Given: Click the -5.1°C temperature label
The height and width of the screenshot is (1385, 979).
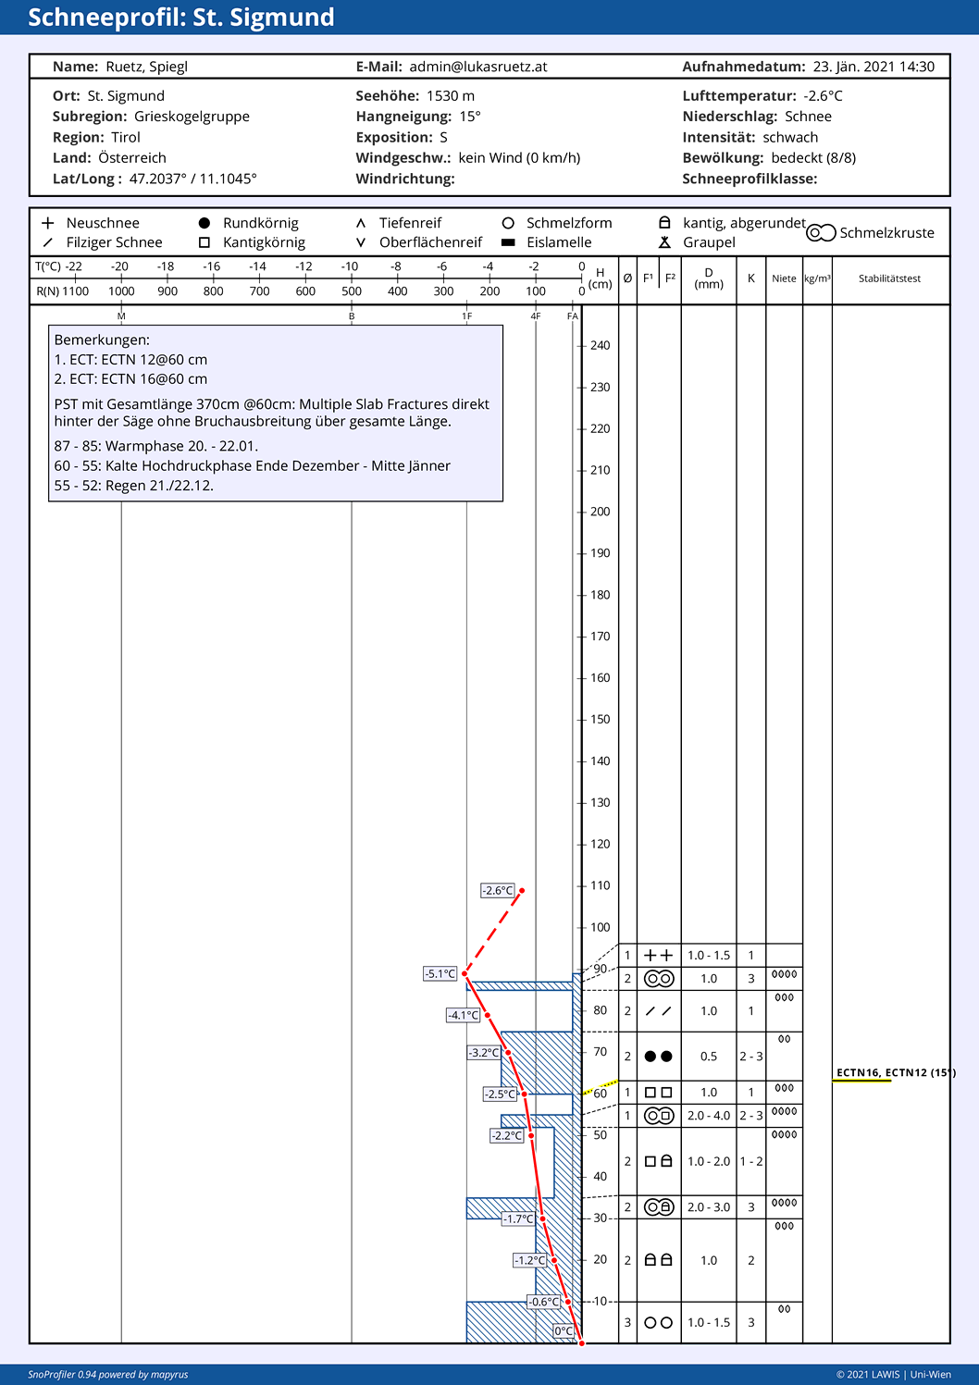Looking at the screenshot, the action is (x=440, y=974).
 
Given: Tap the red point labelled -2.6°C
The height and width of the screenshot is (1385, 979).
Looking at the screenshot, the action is (x=522, y=890).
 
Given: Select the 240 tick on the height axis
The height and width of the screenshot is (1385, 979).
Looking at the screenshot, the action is (x=600, y=346).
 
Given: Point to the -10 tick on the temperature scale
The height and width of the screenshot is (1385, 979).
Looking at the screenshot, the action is (x=350, y=267).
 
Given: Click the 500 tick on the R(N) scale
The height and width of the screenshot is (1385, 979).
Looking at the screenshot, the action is (x=352, y=291).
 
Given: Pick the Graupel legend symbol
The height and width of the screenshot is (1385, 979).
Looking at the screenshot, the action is (x=664, y=242).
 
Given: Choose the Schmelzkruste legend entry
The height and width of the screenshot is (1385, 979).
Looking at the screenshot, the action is (x=871, y=233).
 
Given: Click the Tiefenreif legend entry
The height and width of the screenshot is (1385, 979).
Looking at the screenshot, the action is (x=399, y=223).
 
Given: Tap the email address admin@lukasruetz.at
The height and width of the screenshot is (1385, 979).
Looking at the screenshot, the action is (x=478, y=67).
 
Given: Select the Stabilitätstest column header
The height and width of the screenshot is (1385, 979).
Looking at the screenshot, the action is (x=889, y=278).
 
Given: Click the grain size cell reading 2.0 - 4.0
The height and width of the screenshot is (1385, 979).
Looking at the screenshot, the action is (x=709, y=1116).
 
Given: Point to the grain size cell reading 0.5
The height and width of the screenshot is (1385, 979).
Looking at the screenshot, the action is (x=709, y=1056).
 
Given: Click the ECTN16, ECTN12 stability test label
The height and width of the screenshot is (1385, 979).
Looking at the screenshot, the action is (x=896, y=1073).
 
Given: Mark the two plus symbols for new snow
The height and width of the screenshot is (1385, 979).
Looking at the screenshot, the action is (x=658, y=956).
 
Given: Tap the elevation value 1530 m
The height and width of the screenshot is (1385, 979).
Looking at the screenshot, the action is (x=451, y=96).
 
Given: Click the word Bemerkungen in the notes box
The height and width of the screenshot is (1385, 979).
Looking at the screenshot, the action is (x=102, y=340).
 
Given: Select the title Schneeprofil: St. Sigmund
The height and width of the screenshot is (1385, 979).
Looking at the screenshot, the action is (x=181, y=18).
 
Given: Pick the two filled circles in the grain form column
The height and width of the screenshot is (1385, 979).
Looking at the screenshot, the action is (x=658, y=1056).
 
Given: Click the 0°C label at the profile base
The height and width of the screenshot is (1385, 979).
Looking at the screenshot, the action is (x=564, y=1331).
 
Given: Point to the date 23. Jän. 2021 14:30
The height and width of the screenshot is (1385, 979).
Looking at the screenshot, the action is (x=874, y=67).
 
